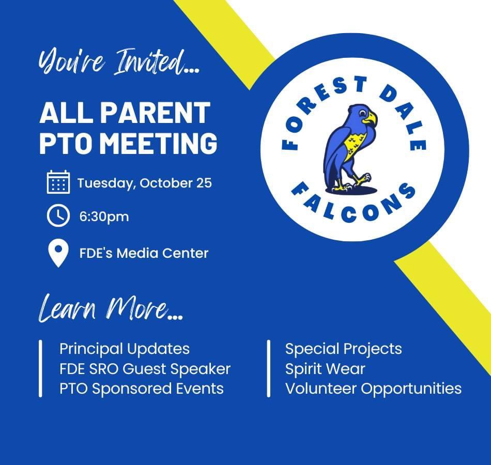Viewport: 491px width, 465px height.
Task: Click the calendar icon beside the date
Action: coord(58,182)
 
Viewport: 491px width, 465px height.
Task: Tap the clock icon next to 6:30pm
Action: coord(58,215)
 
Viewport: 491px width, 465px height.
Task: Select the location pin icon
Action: coord(58,253)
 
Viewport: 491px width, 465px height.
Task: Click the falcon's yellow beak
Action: coord(370,119)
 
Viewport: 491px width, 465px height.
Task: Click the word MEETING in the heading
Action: coord(160,143)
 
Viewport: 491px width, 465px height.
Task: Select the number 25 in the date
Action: coord(203,183)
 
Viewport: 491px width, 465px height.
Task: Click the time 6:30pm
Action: coord(104,216)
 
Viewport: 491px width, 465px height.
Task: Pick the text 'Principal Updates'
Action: coord(125,349)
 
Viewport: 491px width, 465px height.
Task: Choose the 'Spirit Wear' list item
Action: coord(325,368)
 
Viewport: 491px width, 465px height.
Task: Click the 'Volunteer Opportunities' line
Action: coord(373,388)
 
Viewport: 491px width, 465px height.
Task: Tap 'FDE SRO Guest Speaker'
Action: coord(145,368)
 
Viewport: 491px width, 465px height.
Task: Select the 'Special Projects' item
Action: coord(343,349)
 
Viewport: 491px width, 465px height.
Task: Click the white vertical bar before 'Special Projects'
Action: coord(269,368)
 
